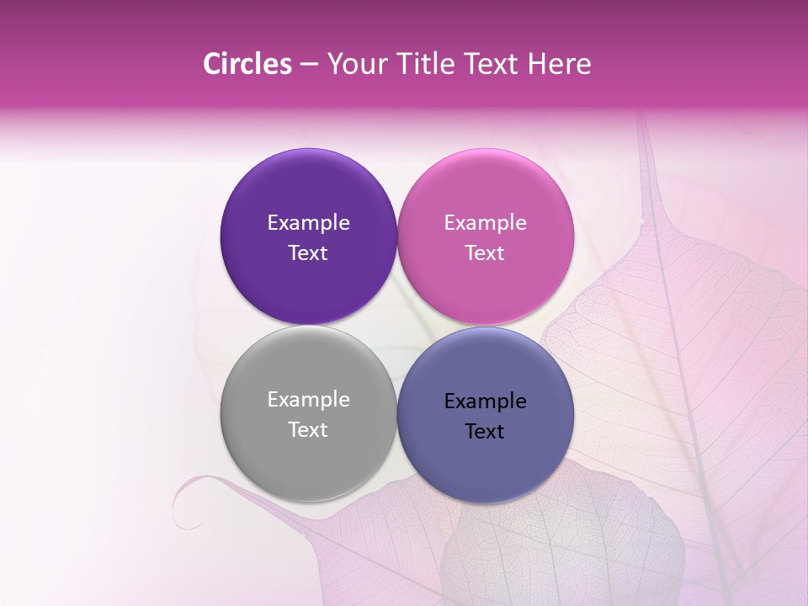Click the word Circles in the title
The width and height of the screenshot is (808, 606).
(x=247, y=64)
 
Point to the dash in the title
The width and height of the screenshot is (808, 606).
(x=309, y=65)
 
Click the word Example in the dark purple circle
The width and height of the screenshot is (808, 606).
(x=308, y=222)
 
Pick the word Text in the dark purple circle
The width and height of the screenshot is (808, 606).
(x=308, y=252)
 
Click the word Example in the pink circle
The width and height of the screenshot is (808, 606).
(x=485, y=222)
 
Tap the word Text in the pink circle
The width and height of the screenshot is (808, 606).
(x=485, y=252)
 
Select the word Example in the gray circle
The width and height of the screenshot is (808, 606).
(x=308, y=399)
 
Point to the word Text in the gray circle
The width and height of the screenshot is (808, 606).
(x=308, y=429)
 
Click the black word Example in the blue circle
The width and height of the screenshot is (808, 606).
(x=485, y=401)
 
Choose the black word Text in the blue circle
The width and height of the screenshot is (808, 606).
(x=485, y=431)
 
